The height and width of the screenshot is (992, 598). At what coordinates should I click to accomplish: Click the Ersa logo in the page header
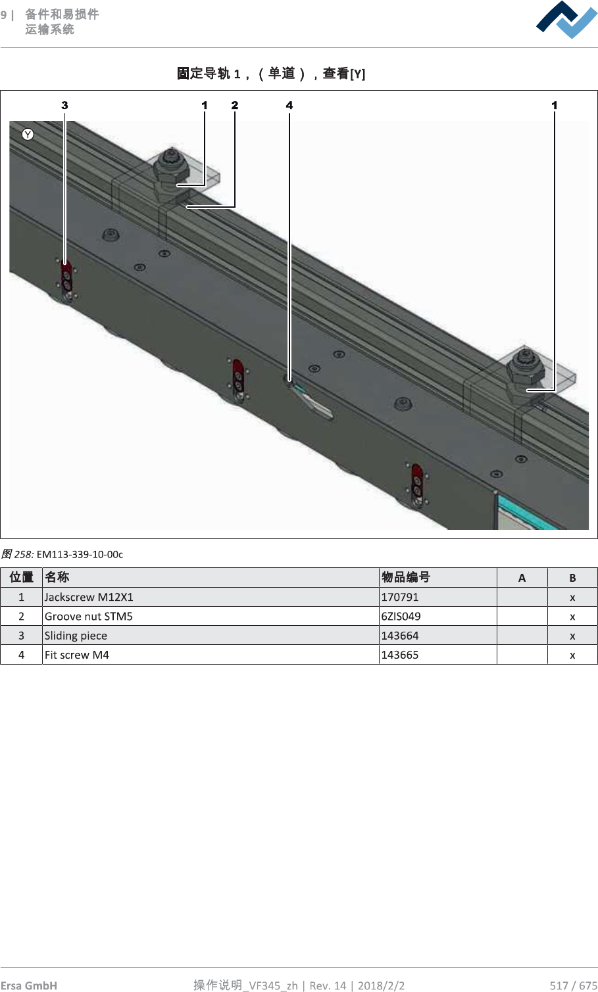tap(566, 20)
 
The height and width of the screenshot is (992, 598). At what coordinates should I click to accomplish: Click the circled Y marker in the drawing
tap(28, 134)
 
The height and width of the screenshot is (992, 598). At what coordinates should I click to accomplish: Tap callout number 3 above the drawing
tap(64, 105)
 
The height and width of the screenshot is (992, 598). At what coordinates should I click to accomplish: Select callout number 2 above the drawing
tap(235, 105)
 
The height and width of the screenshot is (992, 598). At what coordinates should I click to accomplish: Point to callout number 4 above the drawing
tap(289, 105)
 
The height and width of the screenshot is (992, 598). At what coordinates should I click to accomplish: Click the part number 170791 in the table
tap(400, 597)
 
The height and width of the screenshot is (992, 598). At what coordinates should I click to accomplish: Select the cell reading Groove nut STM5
tap(89, 616)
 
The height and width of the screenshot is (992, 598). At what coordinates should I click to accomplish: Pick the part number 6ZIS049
tap(401, 616)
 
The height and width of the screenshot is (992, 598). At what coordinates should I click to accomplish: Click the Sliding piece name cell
tap(76, 636)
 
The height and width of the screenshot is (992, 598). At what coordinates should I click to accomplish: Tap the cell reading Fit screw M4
tap(77, 655)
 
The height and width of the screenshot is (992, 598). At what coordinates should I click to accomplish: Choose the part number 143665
tap(400, 655)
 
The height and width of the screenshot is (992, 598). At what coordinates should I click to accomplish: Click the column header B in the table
tap(572, 578)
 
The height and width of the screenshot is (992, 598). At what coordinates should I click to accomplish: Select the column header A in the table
tap(522, 578)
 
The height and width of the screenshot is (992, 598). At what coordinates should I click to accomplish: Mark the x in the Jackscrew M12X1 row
tap(572, 597)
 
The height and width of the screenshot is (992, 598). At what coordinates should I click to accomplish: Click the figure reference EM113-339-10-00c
tap(80, 554)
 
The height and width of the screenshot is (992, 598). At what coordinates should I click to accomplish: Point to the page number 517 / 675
tap(573, 985)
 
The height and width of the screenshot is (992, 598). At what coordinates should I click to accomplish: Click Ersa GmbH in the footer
tap(29, 985)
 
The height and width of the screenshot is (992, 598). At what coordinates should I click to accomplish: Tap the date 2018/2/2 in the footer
tap(381, 985)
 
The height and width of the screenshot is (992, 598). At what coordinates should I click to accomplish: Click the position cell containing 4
tap(21, 655)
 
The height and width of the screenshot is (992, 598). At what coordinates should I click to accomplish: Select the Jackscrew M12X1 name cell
tap(89, 597)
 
